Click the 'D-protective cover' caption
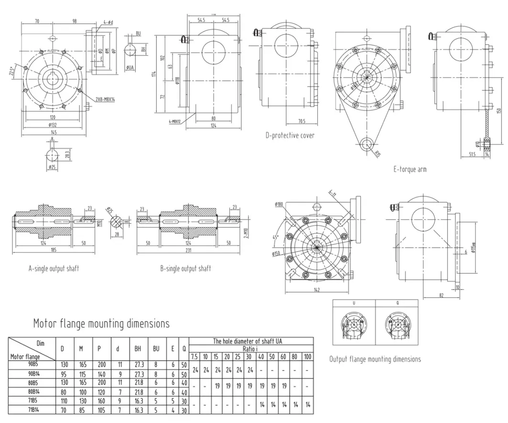[x=290, y=135]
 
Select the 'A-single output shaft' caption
[x=53, y=268]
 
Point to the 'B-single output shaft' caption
[x=185, y=268]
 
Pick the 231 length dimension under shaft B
[x=190, y=249]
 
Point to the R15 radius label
[x=377, y=154]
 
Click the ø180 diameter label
[x=280, y=204]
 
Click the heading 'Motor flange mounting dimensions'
[x=101, y=324]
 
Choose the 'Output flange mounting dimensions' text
[x=375, y=359]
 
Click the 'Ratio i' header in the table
[x=251, y=348]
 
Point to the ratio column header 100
[x=307, y=357]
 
